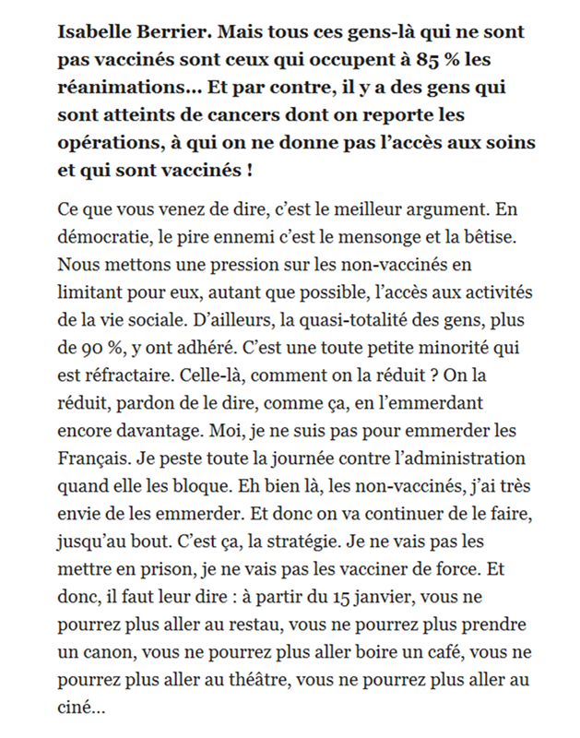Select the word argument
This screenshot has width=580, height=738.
point(432,203)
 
